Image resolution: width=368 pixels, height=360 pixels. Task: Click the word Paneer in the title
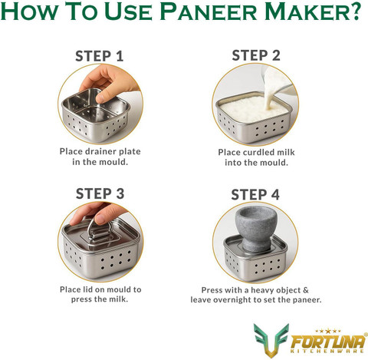pos(209,12)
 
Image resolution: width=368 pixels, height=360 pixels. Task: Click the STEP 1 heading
pos(100,56)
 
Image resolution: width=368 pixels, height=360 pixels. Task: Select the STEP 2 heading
pos(256,55)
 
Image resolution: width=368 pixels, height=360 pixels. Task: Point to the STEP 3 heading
pos(100,193)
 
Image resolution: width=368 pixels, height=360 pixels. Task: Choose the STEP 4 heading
pos(255,194)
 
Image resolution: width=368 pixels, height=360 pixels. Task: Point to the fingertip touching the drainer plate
pos(101,98)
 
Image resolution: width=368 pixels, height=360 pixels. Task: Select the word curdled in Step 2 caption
pos(257,152)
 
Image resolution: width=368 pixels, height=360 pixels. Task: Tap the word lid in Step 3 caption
pos(87,289)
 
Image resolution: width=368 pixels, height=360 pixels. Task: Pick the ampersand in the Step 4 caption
pos(305,290)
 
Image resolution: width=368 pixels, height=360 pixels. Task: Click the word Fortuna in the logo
pos(328,342)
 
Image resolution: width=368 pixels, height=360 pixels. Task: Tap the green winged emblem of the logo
pos(271,340)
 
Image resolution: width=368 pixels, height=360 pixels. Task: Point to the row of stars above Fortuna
pos(328,332)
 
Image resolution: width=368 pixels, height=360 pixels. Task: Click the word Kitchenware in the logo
pos(327,351)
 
